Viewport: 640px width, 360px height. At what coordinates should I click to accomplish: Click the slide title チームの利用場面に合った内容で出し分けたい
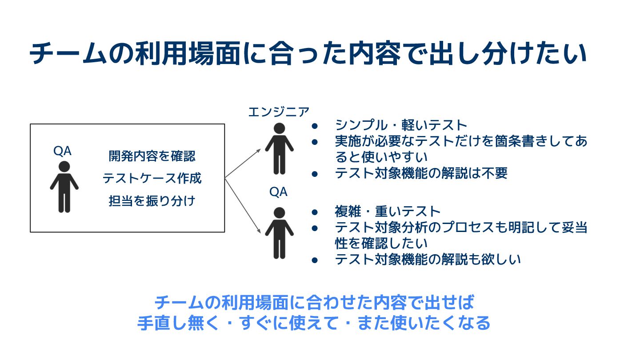click(x=308, y=54)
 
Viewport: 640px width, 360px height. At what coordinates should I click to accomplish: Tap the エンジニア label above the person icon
click(x=278, y=112)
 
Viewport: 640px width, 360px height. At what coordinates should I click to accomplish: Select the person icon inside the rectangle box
click(x=64, y=187)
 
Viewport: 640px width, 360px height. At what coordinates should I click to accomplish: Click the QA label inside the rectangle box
click(x=62, y=152)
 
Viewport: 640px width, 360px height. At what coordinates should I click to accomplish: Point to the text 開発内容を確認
click(x=152, y=156)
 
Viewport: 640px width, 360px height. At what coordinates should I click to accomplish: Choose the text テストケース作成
click(x=152, y=179)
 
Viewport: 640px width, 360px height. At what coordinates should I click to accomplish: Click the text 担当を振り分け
click(x=152, y=201)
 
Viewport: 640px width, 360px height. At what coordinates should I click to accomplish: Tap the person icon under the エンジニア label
click(x=279, y=149)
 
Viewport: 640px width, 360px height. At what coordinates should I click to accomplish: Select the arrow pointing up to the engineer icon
click(x=243, y=164)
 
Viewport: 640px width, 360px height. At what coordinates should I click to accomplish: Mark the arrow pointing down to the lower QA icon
click(x=243, y=205)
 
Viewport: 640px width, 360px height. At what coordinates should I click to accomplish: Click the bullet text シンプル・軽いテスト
click(x=401, y=125)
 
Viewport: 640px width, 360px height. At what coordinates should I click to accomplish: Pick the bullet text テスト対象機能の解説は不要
click(x=421, y=173)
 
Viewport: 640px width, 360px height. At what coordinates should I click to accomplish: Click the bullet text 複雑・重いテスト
click(x=387, y=211)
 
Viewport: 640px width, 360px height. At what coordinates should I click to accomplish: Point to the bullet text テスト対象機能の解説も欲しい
click(x=428, y=259)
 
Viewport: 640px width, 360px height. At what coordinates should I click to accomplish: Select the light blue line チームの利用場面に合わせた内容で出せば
click(x=314, y=303)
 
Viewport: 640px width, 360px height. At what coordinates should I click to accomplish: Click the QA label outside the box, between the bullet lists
click(x=278, y=192)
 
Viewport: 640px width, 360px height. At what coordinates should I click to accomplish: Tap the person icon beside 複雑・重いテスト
click(x=279, y=232)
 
